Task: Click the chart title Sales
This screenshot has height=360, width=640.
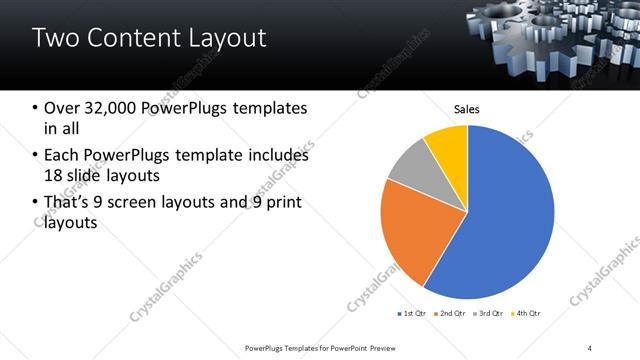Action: coord(467,108)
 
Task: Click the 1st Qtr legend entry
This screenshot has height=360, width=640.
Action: coord(412,314)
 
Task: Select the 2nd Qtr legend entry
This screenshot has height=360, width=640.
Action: coord(451,314)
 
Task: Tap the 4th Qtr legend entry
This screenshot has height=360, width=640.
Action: coord(525,314)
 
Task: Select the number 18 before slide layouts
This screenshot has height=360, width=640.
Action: coord(56,176)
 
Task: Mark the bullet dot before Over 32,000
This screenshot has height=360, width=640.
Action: coord(35,108)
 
